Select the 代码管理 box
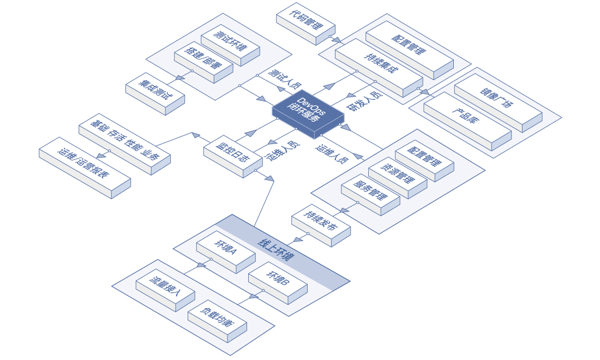point(305,23)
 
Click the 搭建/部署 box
point(203,61)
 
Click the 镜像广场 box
point(497,99)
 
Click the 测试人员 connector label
point(285,79)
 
